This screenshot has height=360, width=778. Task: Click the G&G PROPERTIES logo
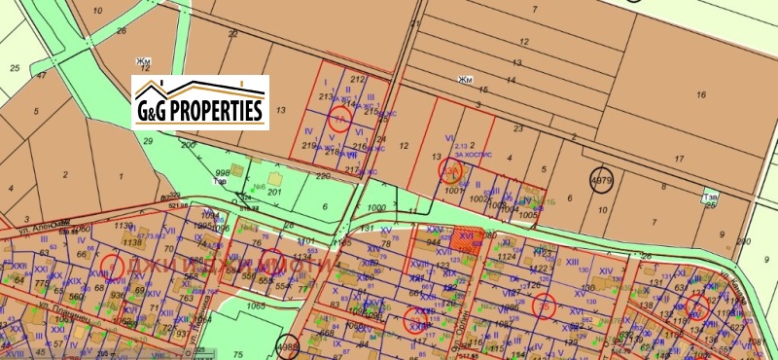pyautogui.click(x=200, y=101)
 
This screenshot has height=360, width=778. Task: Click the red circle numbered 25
pyautogui.click(x=543, y=306)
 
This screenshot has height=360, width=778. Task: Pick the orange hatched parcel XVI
pyautogui.click(x=466, y=240)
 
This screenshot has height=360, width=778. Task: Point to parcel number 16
pyautogui.click(x=700, y=94)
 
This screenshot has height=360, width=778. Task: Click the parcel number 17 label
pyautogui.click(x=678, y=158)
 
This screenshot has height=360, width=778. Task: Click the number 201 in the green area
pyautogui.click(x=274, y=193)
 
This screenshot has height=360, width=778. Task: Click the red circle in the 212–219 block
pyautogui.click(x=339, y=118)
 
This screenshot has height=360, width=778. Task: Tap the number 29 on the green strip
pyautogui.click(x=148, y=142)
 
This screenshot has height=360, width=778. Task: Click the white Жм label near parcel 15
pyautogui.click(x=465, y=80)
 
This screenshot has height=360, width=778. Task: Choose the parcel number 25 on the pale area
pyautogui.click(x=15, y=68)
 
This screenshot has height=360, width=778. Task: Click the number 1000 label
pyautogui.click(x=377, y=208)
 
